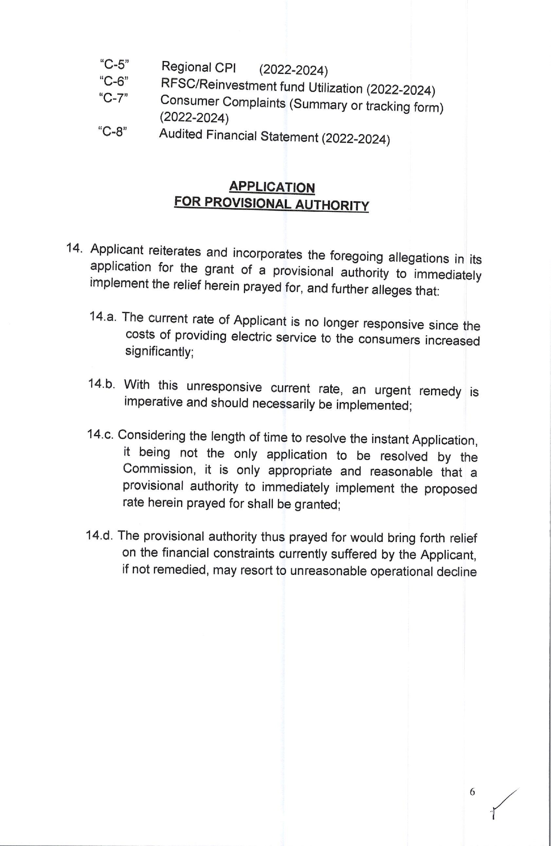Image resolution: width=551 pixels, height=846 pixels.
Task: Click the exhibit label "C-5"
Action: (x=115, y=64)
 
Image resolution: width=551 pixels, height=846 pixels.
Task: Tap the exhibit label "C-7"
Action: (x=113, y=98)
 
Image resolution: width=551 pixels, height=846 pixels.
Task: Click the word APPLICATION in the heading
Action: (x=272, y=187)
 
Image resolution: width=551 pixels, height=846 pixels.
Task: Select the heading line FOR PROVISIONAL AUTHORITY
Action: (x=271, y=203)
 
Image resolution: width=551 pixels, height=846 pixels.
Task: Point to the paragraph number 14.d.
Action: (x=100, y=535)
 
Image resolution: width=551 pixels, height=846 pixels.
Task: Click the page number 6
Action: (x=472, y=792)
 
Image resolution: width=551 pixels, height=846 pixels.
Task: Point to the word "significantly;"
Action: (x=159, y=352)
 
